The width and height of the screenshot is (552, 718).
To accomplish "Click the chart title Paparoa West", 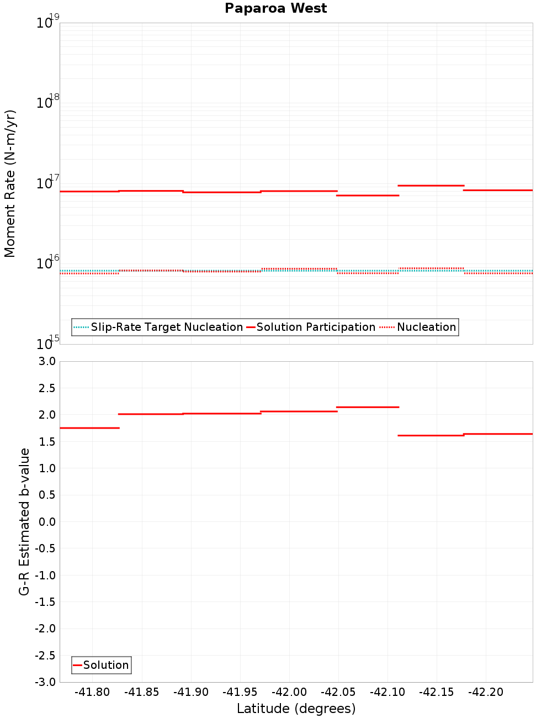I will tap(275, 8).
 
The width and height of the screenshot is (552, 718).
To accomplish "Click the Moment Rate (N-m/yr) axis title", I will tap(10, 183).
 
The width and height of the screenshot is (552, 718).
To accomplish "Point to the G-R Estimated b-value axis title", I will tap(24, 521).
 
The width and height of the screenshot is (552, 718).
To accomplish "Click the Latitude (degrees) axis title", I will tap(296, 709).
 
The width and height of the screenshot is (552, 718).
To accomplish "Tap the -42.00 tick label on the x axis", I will tap(289, 692).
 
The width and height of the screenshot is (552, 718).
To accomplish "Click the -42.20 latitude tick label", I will tap(486, 692).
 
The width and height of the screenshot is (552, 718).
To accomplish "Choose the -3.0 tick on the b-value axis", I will tap(46, 682).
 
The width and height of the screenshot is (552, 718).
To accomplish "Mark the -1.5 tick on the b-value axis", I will tap(46, 602).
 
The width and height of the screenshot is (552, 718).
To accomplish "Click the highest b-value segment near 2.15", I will tap(368, 407).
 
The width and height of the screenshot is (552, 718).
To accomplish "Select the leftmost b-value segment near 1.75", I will tap(89, 428).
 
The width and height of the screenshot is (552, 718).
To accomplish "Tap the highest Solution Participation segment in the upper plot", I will tap(431, 186).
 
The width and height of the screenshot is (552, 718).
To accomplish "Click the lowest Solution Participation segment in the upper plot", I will tap(368, 196).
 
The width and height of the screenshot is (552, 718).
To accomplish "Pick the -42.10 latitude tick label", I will tap(388, 692).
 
